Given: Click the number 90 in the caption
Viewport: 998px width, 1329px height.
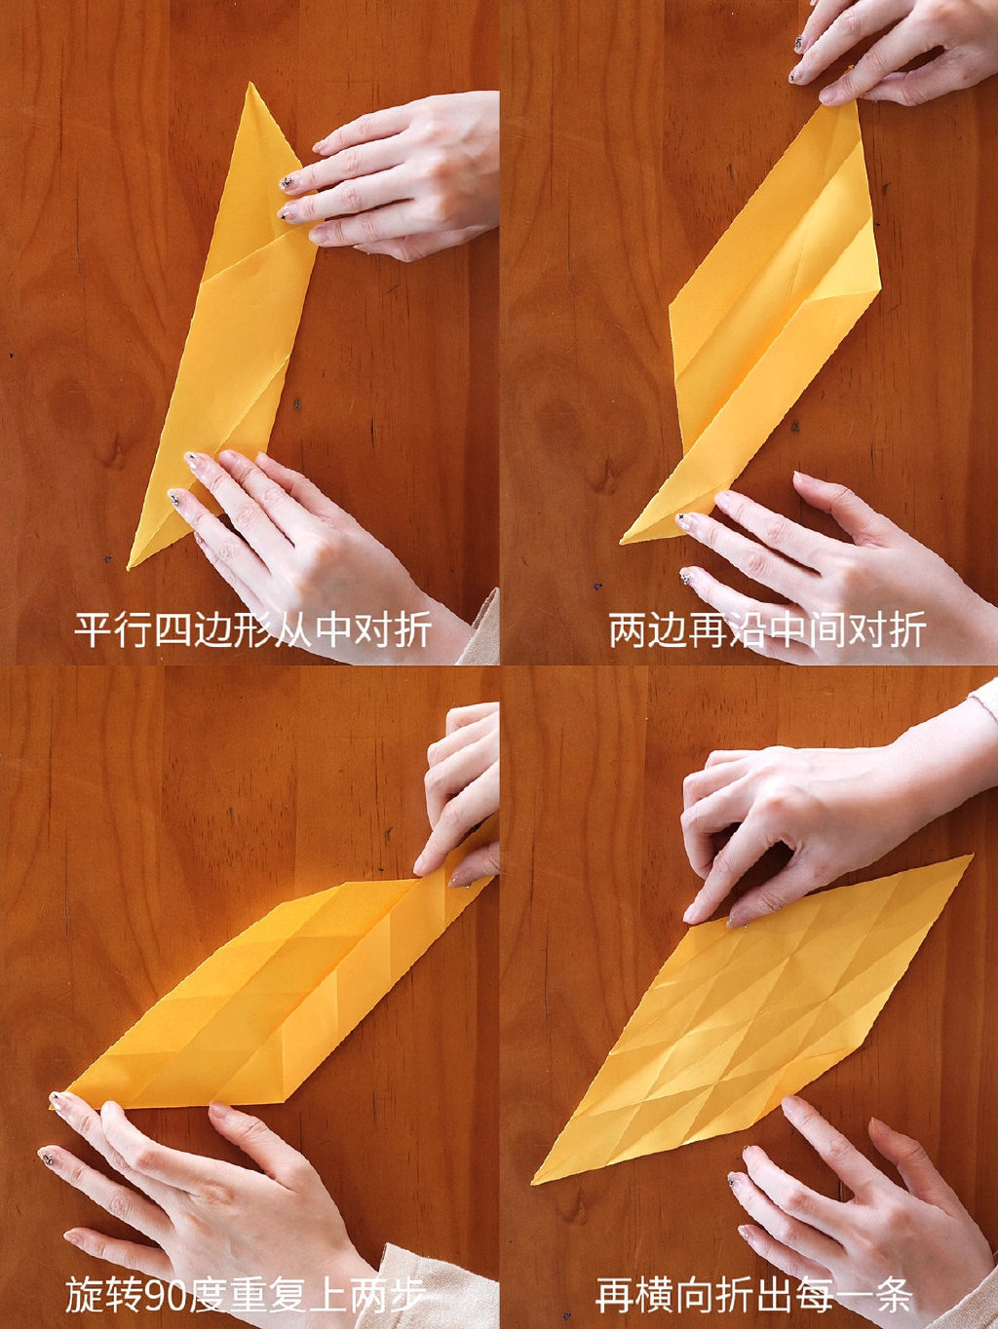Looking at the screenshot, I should pos(164,1296).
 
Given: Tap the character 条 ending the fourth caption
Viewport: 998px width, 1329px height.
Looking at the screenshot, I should pos(893,1296).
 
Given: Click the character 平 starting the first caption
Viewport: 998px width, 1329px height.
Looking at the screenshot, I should pos(94,630).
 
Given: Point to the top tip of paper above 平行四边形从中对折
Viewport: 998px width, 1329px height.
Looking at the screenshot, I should pos(250,86).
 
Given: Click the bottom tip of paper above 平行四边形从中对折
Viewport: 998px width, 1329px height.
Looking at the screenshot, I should pos(131,565).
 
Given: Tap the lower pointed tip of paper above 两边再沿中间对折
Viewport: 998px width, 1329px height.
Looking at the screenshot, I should pos(624,541).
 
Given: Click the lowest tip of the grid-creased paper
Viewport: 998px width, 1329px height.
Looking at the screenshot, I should pos(535,1182).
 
